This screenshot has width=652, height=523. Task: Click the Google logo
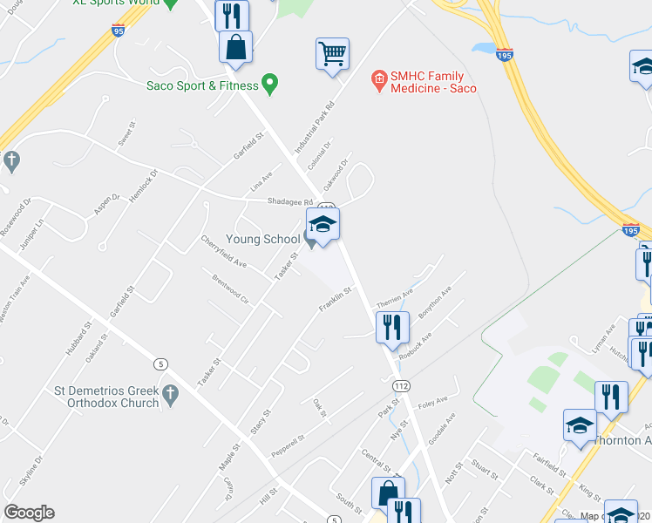(29, 513)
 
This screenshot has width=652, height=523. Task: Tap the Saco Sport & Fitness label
(202, 85)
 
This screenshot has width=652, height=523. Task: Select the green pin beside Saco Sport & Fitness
(270, 85)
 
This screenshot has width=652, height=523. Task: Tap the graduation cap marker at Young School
(323, 226)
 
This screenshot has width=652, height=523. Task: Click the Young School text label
(262, 238)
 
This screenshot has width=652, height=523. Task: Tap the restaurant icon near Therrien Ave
(392, 327)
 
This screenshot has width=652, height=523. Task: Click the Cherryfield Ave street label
(224, 251)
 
